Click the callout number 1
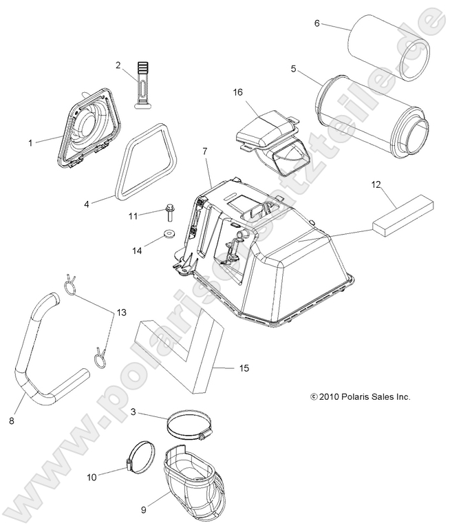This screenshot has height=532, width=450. point(30,142)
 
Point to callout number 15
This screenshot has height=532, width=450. point(244,369)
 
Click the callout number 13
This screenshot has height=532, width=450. point(121,312)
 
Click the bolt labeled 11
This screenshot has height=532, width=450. point(169,210)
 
